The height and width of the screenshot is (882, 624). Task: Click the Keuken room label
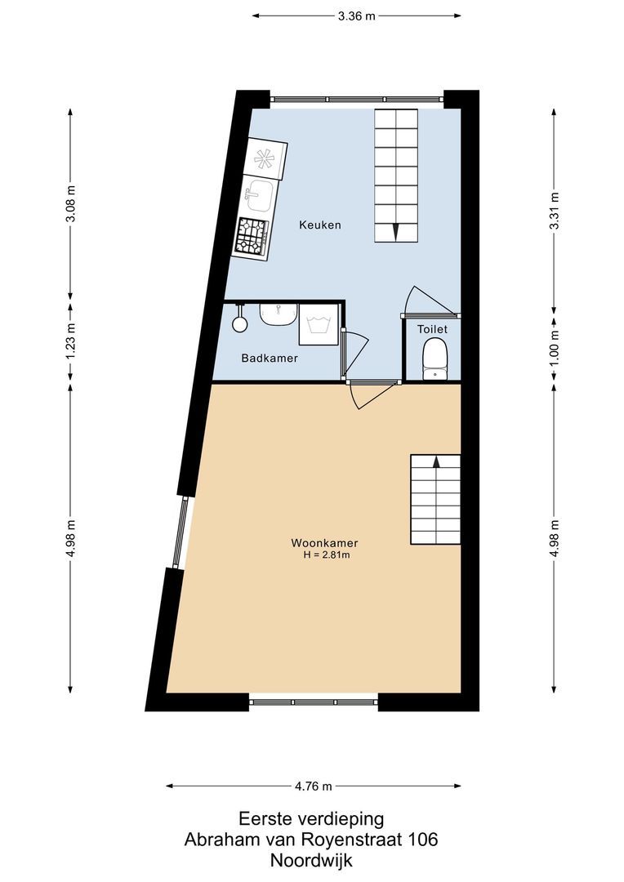click(x=320, y=225)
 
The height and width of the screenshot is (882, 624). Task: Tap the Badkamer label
click(x=270, y=359)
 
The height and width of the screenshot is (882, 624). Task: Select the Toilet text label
click(x=432, y=329)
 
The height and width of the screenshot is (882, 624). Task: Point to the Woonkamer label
click(x=324, y=543)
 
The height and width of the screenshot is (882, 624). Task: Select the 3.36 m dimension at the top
click(x=356, y=16)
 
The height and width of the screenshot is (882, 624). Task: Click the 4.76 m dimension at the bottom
click(x=314, y=786)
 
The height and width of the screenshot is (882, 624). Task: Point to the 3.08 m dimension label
click(x=71, y=207)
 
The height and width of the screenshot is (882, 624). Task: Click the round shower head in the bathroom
click(x=239, y=324)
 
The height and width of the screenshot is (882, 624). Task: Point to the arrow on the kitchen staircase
click(x=396, y=231)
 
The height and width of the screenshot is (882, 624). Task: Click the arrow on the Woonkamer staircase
click(x=436, y=461)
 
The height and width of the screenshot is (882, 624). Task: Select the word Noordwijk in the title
click(x=311, y=860)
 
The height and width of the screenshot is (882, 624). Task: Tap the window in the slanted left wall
click(x=181, y=532)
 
